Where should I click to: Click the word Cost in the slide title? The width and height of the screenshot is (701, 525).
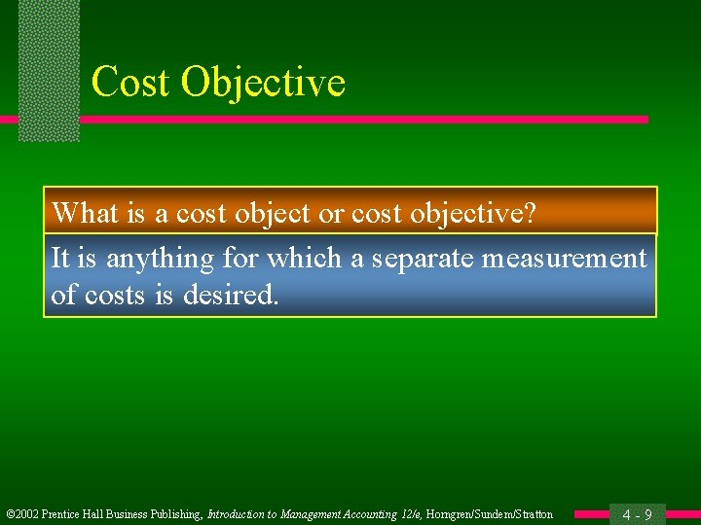129,82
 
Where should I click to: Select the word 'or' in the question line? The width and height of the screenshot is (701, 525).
331,212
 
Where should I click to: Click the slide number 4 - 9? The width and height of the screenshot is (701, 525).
637,514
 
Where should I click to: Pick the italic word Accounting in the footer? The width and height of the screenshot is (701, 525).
354,514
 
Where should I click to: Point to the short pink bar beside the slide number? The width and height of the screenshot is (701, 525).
592,514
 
